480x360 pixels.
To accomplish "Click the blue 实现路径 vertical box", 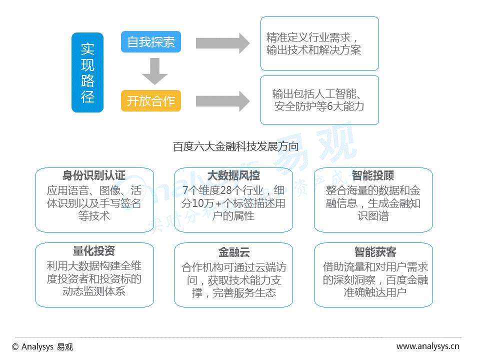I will coord(87,72).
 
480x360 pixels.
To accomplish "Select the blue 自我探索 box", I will coord(150,42).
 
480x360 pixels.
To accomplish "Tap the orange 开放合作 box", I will coord(150,101).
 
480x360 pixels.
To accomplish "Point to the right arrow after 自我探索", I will coord(222,43).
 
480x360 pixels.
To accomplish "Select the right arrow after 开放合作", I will coord(222,101).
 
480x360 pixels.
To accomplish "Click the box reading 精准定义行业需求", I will coord(319,43).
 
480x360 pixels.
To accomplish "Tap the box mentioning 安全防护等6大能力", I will coord(319,100).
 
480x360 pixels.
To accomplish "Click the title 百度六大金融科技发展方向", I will coord(236,147).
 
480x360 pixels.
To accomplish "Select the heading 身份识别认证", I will coord(94,176).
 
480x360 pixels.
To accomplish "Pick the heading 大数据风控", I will coord(233,176).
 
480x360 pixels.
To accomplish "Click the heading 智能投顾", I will coord(373,176).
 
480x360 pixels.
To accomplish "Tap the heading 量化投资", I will coord(94,251).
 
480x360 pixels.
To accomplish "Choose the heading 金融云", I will coord(233,251).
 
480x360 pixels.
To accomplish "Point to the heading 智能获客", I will coord(373,251).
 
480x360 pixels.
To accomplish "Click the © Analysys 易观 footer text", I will coord(42,347).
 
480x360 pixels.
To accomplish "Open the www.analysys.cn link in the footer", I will coord(427,346).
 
